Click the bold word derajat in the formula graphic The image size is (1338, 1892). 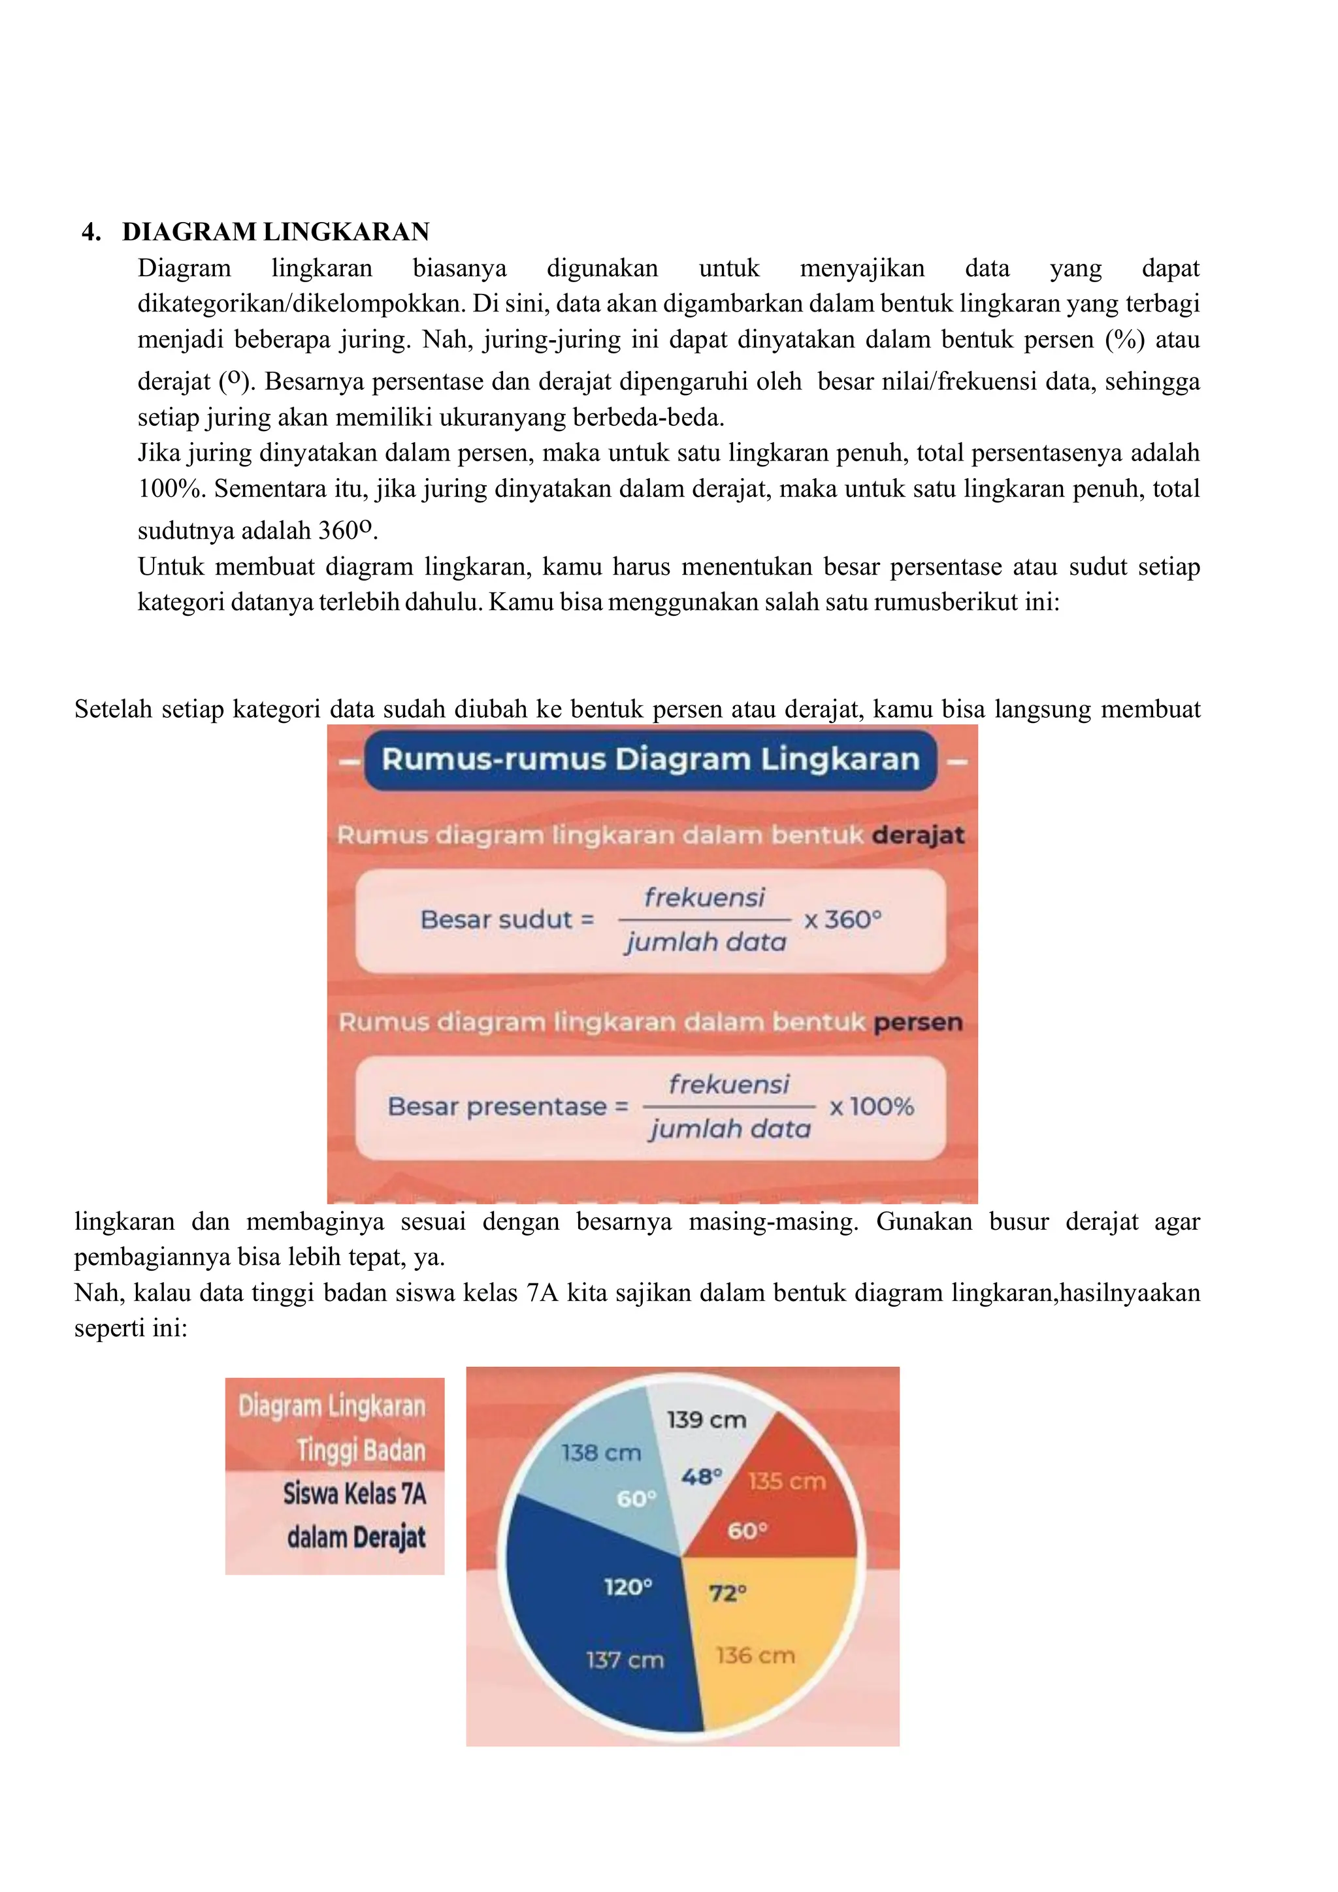(917, 835)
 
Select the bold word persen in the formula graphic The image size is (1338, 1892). (917, 1022)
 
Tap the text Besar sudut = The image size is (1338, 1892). (506, 920)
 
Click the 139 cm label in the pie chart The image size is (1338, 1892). (706, 1420)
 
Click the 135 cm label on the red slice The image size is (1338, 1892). (787, 1482)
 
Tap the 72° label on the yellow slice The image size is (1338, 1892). (727, 1593)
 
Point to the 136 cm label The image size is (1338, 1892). (755, 1656)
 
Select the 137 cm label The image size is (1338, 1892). (624, 1660)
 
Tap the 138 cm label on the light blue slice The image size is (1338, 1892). (601, 1452)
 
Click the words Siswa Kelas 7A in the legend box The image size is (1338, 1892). (355, 1493)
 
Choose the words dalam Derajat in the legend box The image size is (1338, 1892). (356, 1537)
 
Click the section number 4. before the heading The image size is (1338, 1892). (91, 232)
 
